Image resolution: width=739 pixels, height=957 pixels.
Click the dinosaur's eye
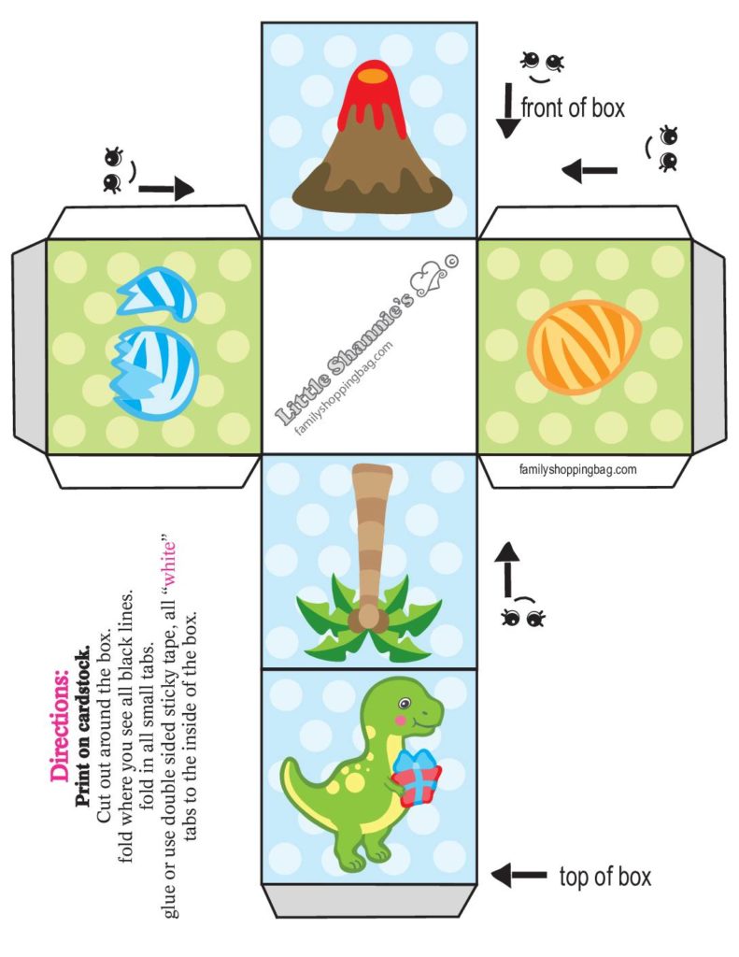click(x=404, y=702)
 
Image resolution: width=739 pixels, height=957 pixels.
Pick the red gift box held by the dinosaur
click(x=417, y=783)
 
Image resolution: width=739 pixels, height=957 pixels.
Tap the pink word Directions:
click(x=60, y=724)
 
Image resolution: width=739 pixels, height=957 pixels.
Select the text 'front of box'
click(x=572, y=108)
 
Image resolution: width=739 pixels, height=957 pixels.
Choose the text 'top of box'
click(x=604, y=877)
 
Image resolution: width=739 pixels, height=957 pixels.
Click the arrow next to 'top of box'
click(x=519, y=876)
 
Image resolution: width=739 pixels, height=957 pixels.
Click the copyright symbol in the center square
click(x=451, y=262)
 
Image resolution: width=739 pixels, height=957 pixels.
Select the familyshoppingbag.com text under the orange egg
click(x=577, y=469)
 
